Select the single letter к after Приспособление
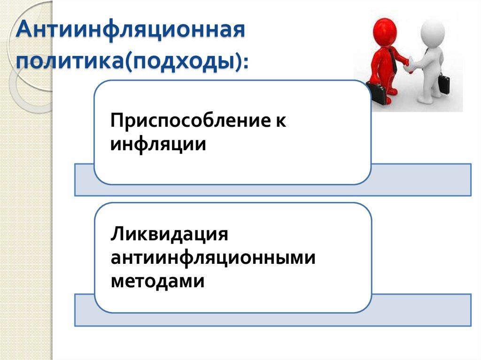[x=280, y=122]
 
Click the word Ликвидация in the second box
[x=170, y=234]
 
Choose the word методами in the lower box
[x=158, y=281]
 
